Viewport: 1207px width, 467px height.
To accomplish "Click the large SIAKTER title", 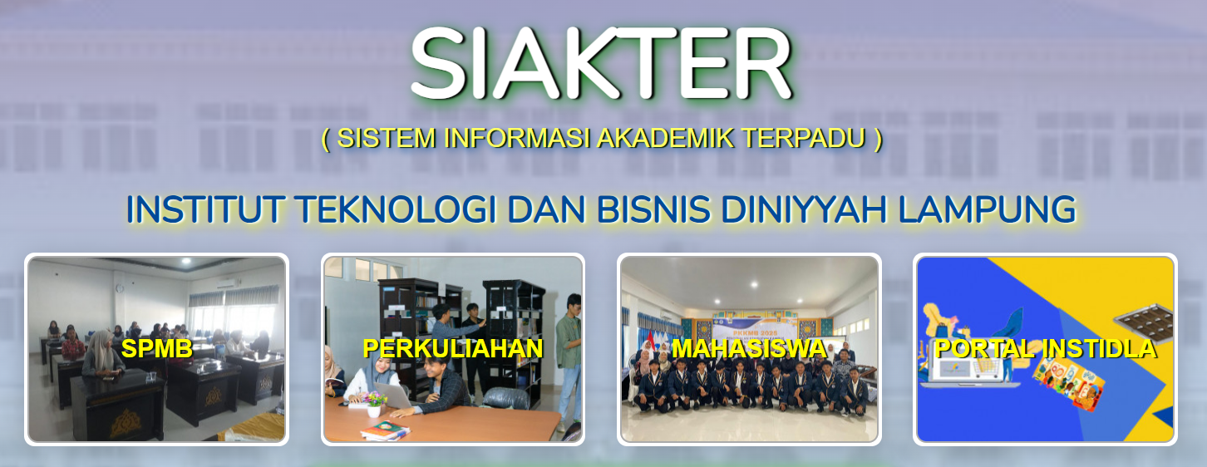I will (601, 65).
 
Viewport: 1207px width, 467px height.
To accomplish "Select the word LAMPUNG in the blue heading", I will (987, 209).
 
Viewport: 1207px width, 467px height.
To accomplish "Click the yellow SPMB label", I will (157, 349).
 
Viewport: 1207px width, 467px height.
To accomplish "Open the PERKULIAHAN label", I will (453, 349).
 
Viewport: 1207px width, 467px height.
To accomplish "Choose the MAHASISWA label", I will (748, 348).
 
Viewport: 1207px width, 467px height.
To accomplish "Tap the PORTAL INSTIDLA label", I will (1045, 349).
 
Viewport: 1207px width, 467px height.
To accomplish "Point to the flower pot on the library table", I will (375, 402).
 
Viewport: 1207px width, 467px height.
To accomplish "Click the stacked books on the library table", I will (383, 430).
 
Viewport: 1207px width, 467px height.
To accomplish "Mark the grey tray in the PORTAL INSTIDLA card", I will (1145, 322).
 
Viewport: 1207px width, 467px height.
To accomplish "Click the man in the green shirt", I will (569, 349).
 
